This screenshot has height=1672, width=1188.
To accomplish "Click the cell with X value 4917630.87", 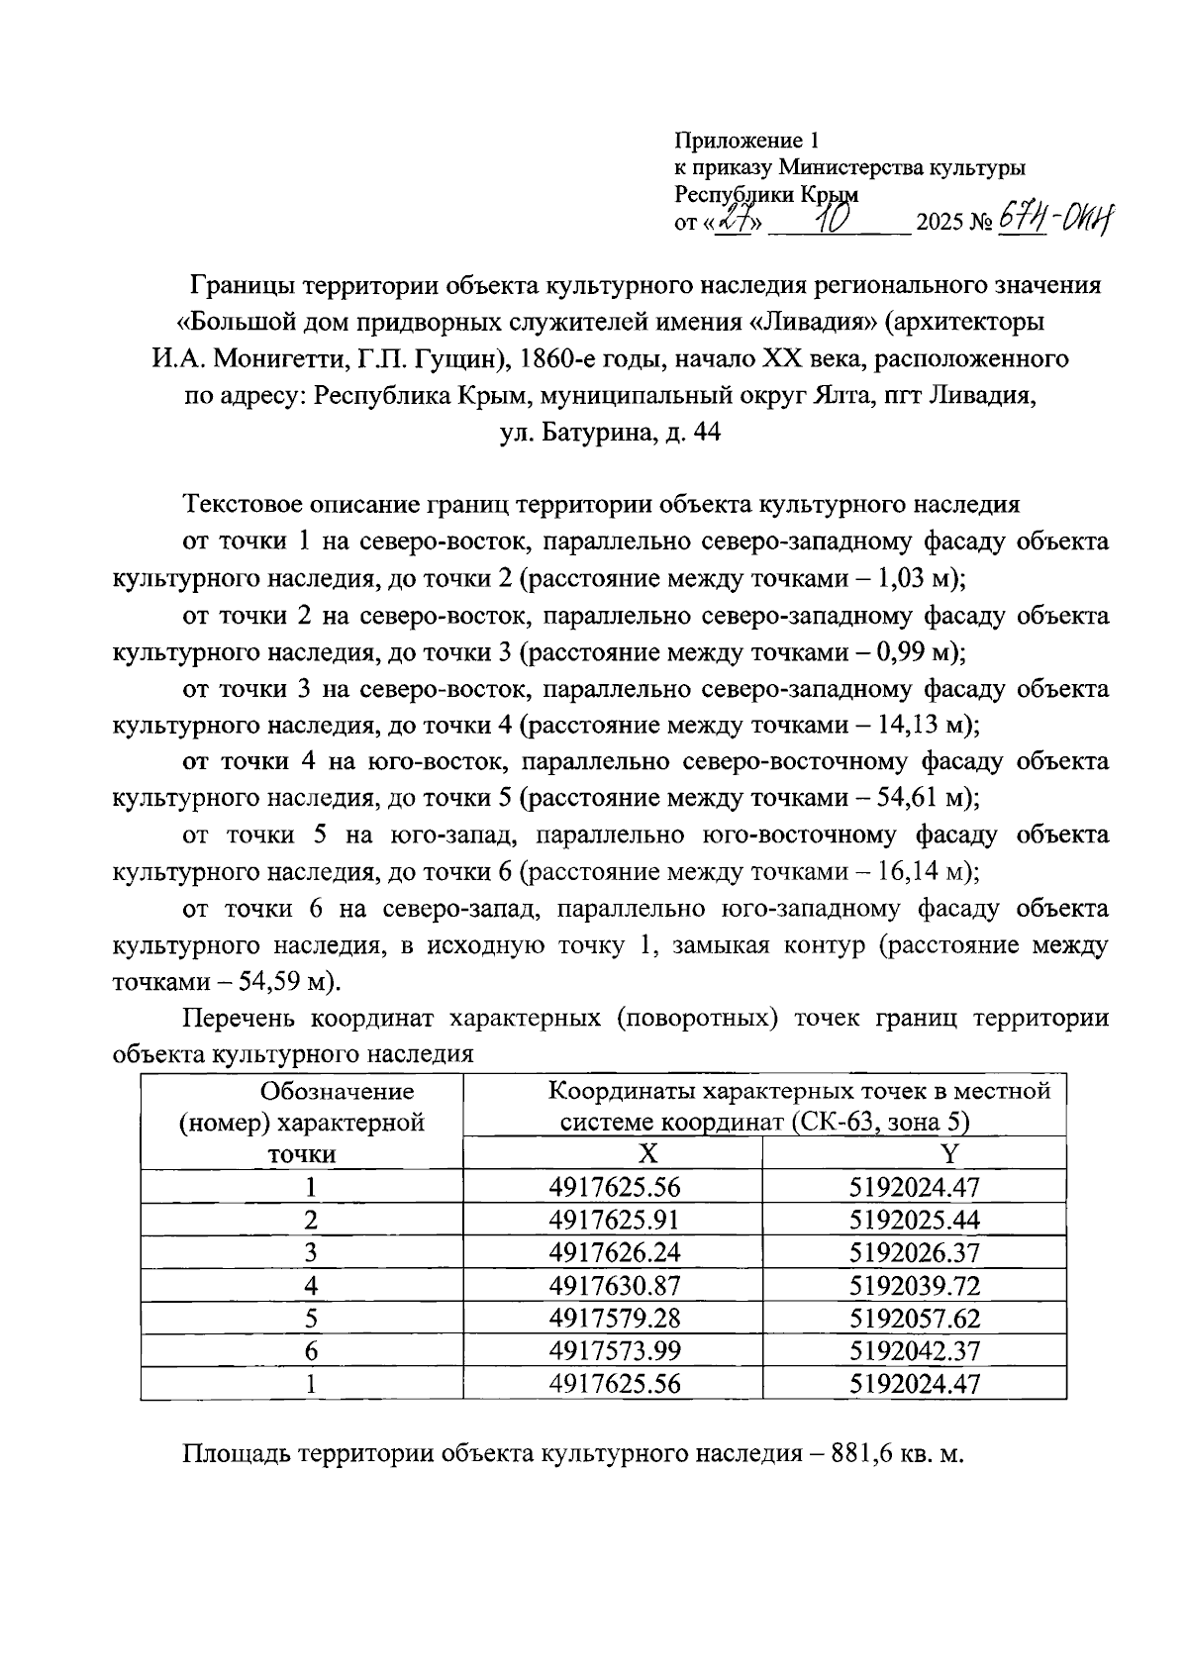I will (614, 1286).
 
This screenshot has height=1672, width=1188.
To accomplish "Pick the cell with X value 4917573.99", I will (614, 1351).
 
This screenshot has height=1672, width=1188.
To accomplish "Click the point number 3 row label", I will (311, 1253).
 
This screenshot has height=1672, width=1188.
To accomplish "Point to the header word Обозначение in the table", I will (337, 1092).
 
